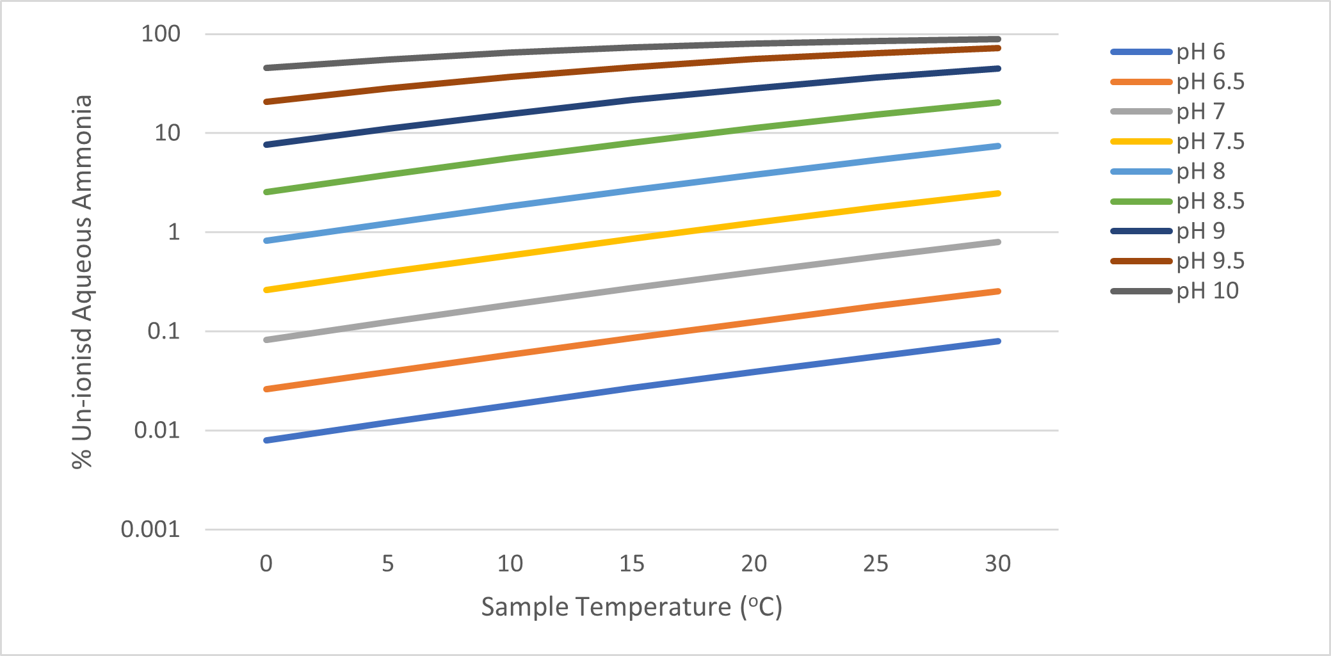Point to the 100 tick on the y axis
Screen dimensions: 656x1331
pos(161,34)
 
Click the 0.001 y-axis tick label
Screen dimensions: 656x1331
pos(150,529)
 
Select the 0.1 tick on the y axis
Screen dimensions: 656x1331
pos(164,332)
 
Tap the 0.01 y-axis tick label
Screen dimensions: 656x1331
pos(157,430)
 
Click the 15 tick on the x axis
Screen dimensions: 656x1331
pos(632,564)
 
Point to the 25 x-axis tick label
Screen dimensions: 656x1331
pos(876,564)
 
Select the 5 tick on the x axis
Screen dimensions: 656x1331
pos(388,564)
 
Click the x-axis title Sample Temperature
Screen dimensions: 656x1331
pos(631,607)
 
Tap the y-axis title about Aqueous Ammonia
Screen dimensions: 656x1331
pos(83,282)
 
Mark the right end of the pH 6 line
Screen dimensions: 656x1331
pos(998,341)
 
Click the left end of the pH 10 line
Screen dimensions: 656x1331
pos(266,68)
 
